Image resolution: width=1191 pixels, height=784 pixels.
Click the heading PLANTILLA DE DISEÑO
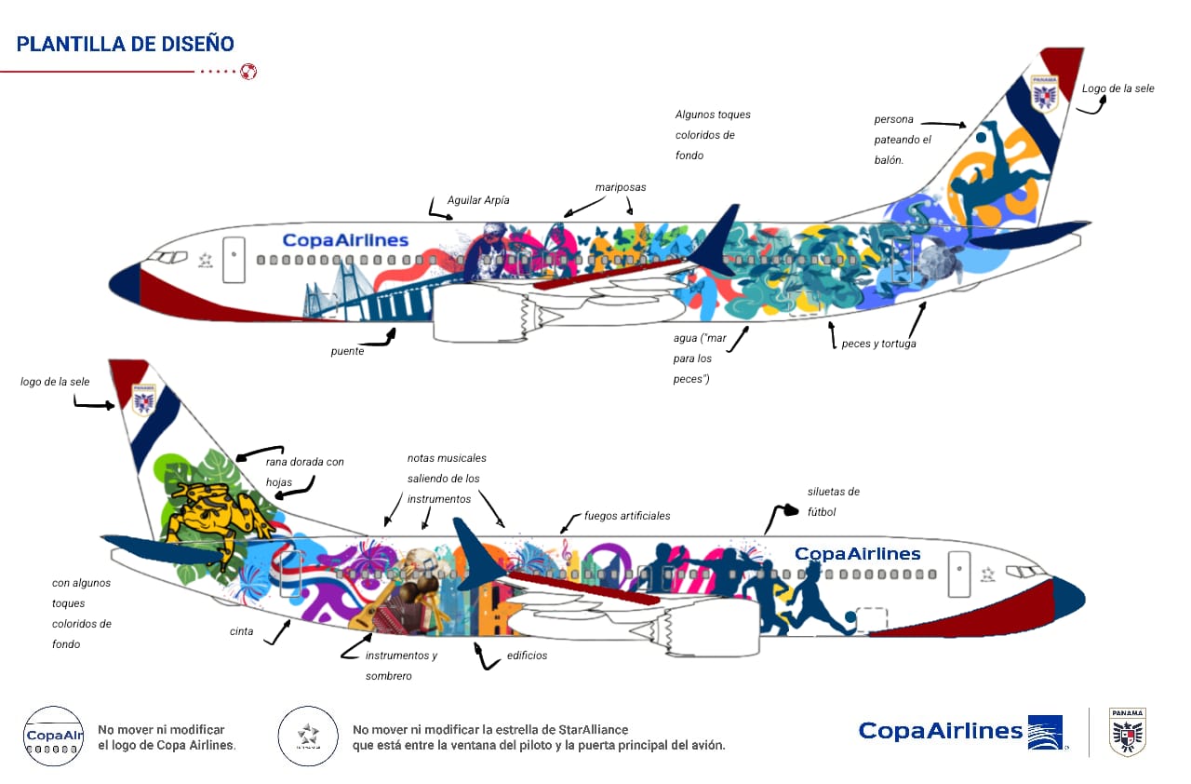coord(126,44)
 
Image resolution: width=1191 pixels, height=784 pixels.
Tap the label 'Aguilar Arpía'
coord(478,200)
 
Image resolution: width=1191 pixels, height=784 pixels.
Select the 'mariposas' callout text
coord(621,187)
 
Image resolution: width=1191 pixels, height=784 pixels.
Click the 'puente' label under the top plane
coord(346,352)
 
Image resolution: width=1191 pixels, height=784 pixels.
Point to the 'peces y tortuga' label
coord(878,344)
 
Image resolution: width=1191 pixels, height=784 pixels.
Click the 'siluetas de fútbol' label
coord(834,501)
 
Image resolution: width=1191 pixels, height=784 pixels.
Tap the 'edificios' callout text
coord(527,656)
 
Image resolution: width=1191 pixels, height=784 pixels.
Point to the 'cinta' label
coord(242,632)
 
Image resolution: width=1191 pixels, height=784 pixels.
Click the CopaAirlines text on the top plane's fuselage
coord(345,240)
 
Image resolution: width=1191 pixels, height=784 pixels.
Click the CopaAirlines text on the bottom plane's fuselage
coord(857,554)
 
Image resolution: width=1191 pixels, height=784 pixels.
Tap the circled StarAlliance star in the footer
coord(308,736)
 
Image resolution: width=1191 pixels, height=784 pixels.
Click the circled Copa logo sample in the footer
coord(52,736)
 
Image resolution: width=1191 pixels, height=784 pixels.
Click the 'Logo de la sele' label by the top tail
coord(1117,88)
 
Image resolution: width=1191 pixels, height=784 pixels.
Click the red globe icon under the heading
coord(248,71)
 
